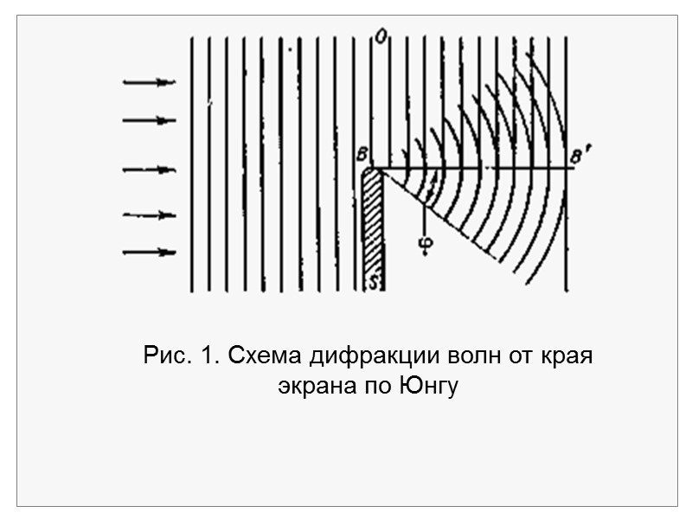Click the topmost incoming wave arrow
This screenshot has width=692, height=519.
[x=151, y=83]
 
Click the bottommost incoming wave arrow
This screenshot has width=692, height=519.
[x=151, y=253]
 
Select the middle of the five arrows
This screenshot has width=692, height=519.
[x=151, y=170]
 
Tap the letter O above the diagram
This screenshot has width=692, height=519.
[x=378, y=35]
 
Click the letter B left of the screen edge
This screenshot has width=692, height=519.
[x=360, y=156]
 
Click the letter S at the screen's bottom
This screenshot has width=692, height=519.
[x=374, y=282]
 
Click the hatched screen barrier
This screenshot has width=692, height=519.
[x=373, y=225]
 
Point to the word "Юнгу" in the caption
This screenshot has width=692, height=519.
[x=427, y=387]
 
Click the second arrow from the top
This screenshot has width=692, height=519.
[x=151, y=121]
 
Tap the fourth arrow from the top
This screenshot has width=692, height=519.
[x=151, y=215]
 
